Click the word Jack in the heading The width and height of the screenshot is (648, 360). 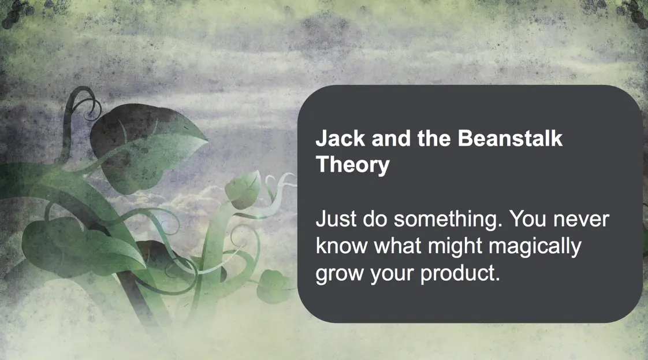click(340, 138)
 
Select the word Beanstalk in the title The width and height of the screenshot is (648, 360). click(510, 138)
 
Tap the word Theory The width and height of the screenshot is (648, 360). click(352, 165)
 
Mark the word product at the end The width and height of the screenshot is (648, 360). click(460, 274)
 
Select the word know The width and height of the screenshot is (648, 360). click(342, 246)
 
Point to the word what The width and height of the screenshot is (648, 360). click(397, 246)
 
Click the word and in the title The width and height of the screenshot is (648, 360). click(391, 138)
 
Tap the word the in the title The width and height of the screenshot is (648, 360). click(434, 138)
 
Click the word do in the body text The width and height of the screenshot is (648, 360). click(375, 218)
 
